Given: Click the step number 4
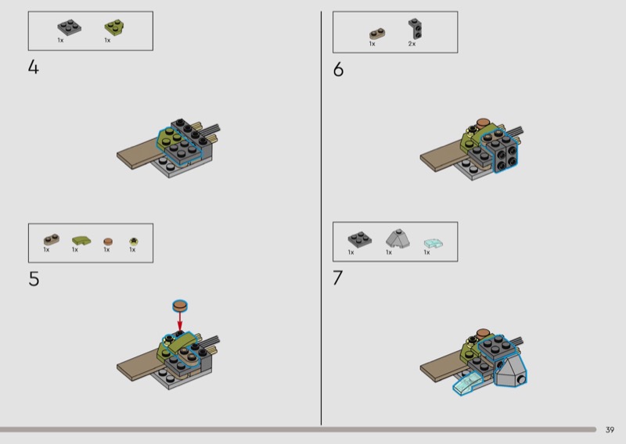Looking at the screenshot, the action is click(34, 67).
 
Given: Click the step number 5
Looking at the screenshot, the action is click(34, 279).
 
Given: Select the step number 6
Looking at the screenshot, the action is click(338, 70).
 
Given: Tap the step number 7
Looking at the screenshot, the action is click(338, 277).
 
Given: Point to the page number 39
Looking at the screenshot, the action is click(610, 430).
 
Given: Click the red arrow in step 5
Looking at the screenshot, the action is click(180, 320).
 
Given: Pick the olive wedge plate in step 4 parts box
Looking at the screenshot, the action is click(113, 27).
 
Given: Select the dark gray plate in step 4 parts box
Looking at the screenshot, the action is click(69, 27).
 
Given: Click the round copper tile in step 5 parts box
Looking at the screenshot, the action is click(108, 242).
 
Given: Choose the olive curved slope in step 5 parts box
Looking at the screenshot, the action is click(81, 241).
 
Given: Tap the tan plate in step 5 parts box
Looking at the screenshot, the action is click(52, 239).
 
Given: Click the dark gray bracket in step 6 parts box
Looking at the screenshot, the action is click(416, 29).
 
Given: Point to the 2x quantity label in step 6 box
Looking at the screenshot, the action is click(412, 44).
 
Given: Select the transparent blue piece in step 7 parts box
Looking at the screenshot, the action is click(434, 242).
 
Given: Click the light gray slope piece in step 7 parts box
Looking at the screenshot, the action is click(398, 238).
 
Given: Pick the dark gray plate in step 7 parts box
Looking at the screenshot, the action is click(360, 239).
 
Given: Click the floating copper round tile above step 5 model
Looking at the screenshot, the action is click(180, 306).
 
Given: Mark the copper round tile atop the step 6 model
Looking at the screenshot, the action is click(483, 123).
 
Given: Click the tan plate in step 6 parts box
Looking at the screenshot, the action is click(377, 34).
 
